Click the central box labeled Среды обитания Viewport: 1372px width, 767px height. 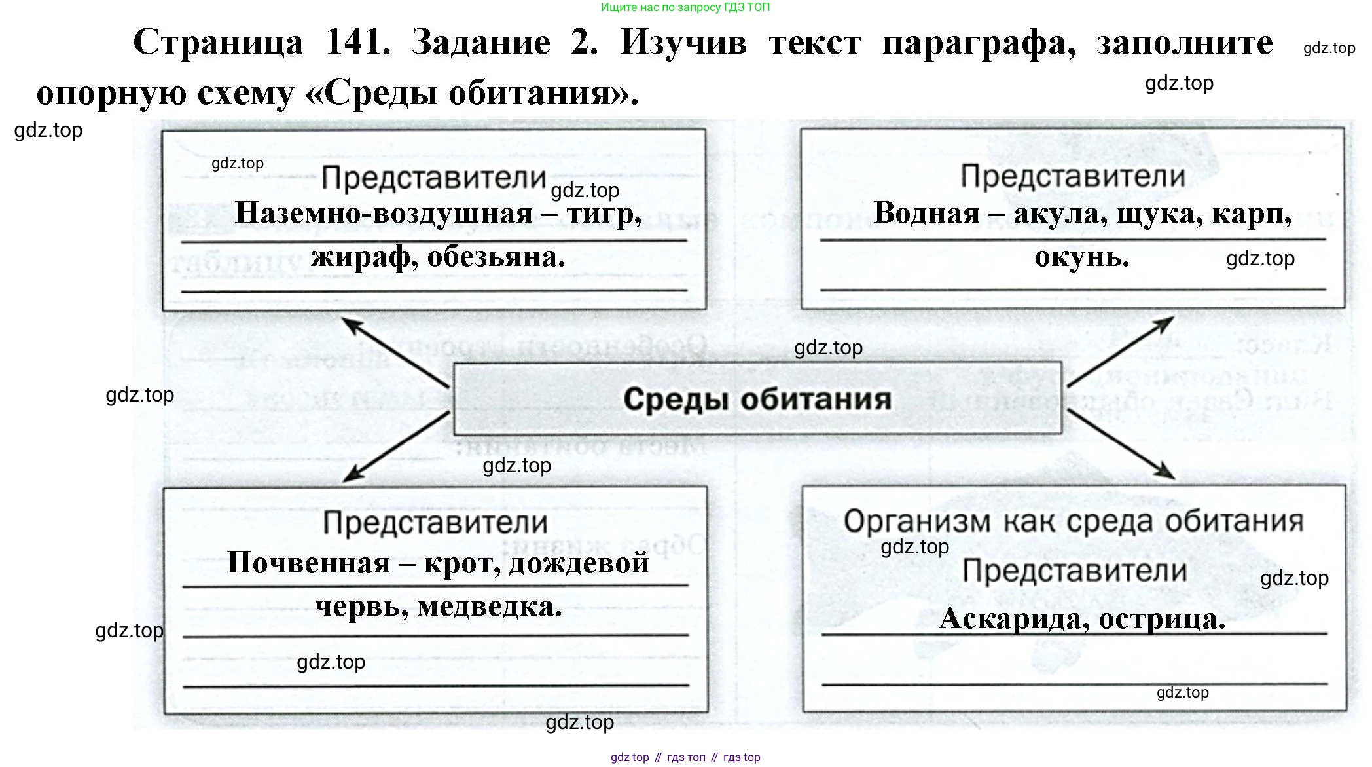pos(757,398)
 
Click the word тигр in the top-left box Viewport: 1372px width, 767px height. pos(603,214)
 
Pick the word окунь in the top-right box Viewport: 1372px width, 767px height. pos(1081,257)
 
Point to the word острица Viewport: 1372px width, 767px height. pos(1161,618)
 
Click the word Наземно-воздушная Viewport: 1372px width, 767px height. pos(384,214)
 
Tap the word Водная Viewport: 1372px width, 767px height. pos(926,214)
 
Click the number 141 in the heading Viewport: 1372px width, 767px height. pos(357,43)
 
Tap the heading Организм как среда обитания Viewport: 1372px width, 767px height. pos(1074,522)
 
